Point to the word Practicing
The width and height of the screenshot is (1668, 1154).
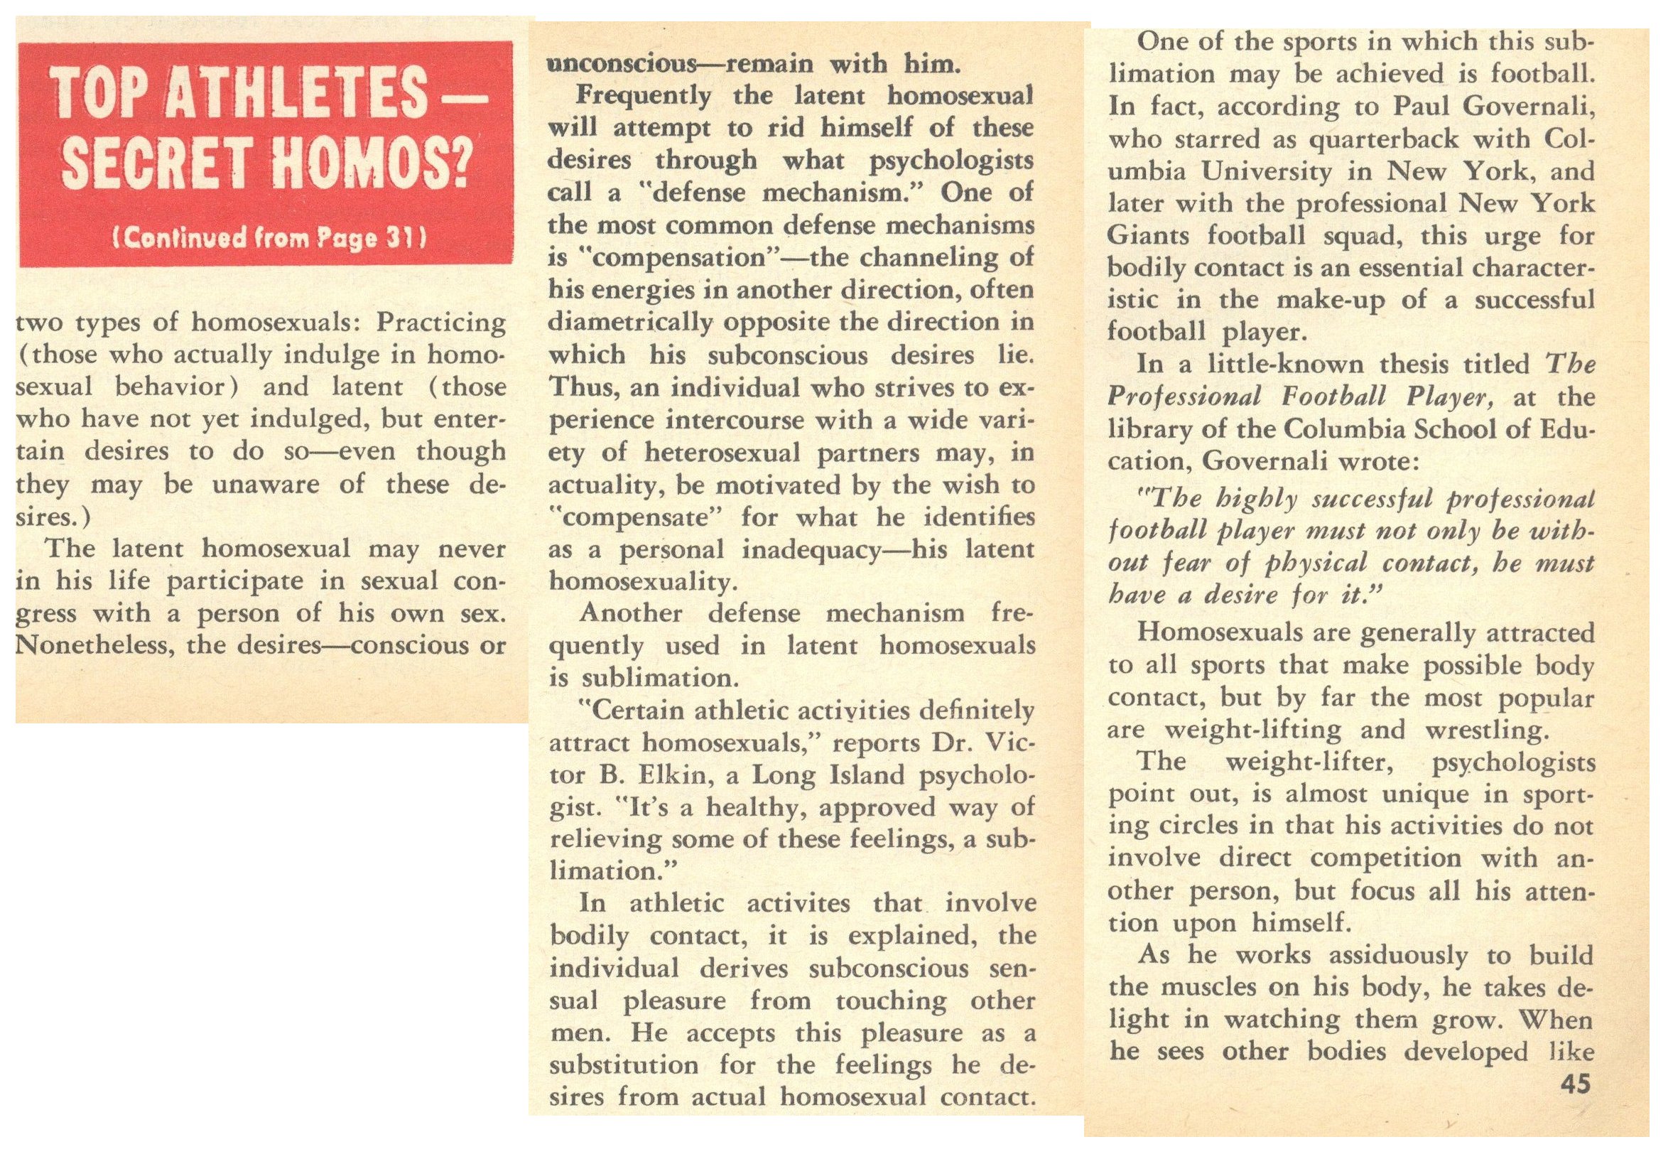(441, 323)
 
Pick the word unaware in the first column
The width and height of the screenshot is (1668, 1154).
(275, 484)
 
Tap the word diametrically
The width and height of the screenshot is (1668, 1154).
(630, 323)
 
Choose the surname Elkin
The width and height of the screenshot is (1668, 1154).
(671, 775)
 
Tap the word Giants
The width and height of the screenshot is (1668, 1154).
(1148, 236)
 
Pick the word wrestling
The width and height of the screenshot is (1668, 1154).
(1487, 730)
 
